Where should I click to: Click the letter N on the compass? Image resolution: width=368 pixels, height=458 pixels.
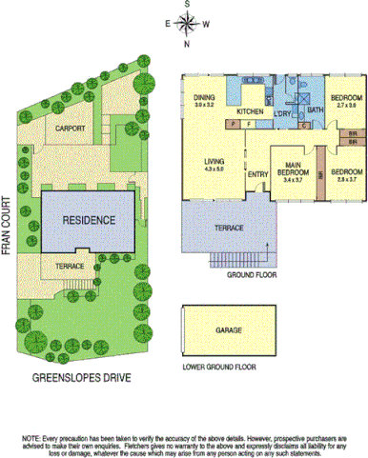point(188,44)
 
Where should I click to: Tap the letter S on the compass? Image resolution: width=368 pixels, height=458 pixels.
point(188,5)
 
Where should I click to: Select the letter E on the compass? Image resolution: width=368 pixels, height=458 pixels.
point(168,25)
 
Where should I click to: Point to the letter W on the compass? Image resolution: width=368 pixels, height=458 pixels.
point(207,25)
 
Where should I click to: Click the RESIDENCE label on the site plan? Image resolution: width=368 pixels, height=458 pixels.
point(90,220)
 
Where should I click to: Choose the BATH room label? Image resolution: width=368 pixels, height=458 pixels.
point(316,110)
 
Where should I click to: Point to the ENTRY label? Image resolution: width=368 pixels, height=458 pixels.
point(257,174)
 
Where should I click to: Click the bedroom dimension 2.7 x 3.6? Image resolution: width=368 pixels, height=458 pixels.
point(345,106)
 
